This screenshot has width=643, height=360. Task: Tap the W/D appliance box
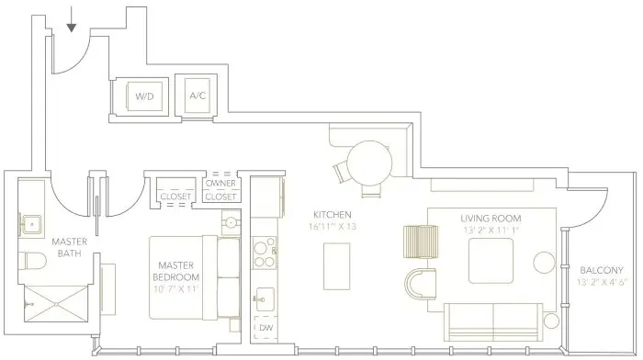click(144, 96)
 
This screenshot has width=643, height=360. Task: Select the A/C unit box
click(197, 96)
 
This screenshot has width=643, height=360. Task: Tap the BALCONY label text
click(602, 270)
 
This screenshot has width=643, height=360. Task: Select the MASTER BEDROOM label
click(176, 271)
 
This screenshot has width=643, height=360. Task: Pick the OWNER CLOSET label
click(220, 189)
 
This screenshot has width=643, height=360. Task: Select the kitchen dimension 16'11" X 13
click(333, 227)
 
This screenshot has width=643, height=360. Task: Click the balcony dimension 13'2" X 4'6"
click(602, 284)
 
